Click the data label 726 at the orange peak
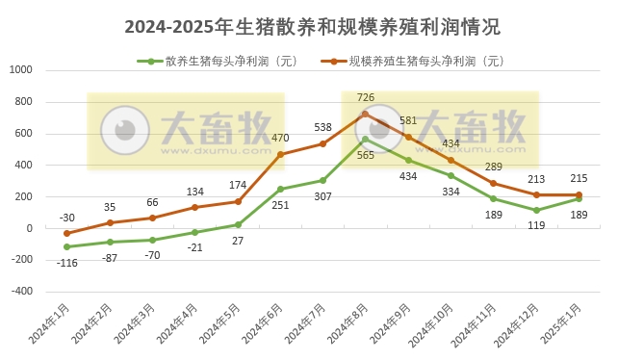pyautogui.click(x=365, y=97)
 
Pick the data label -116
pyautogui.click(x=66, y=263)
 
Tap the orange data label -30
pyautogui.click(x=66, y=218)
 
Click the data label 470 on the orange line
pyautogui.click(x=280, y=139)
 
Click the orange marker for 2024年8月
pyautogui.click(x=365, y=114)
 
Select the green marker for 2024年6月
pyautogui.click(x=280, y=189)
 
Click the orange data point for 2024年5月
pyautogui.click(x=238, y=201)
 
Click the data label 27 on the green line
pyautogui.click(x=237, y=241)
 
